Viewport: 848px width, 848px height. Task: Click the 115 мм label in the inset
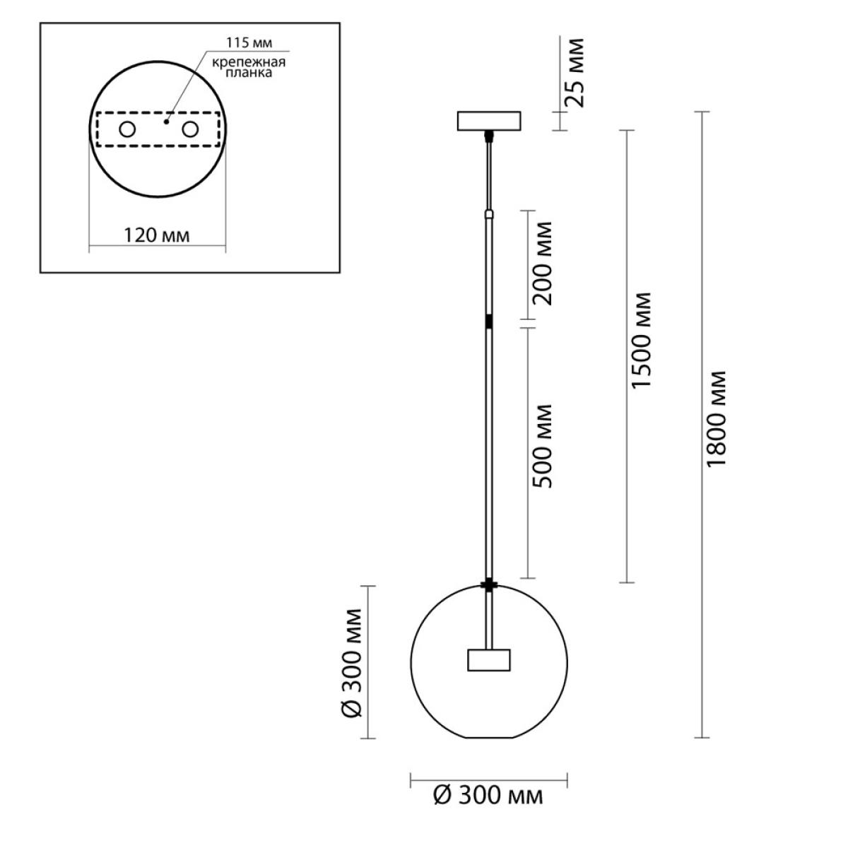tap(249, 42)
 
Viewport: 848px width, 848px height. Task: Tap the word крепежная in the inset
tap(249, 62)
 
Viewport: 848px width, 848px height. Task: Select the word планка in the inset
tap(249, 73)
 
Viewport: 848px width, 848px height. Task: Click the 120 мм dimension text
tap(157, 235)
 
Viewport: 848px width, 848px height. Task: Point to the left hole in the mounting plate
tap(127, 130)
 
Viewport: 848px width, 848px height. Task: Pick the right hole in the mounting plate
tap(190, 130)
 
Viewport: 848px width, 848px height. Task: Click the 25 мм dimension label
tap(575, 73)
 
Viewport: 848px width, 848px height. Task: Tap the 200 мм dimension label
tap(542, 264)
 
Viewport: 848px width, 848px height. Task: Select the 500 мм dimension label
tap(542, 446)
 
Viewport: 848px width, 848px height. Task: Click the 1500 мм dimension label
tap(641, 340)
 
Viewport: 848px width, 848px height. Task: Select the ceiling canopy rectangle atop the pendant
tap(489, 121)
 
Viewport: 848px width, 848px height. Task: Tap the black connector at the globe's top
tap(489, 585)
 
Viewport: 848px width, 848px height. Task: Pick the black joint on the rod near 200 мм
tap(489, 322)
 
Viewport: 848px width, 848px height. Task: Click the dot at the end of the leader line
tap(166, 122)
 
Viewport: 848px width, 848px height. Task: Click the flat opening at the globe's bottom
tap(489, 738)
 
